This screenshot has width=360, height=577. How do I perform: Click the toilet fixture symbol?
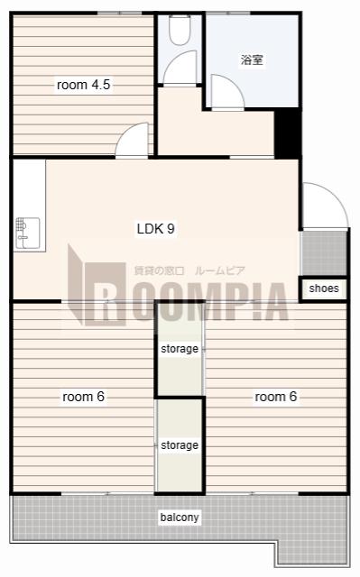click(180, 30)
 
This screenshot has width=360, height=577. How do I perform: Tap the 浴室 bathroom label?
click(252, 60)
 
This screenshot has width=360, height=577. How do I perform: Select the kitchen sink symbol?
click(28, 234)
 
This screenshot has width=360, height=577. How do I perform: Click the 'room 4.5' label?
click(84, 85)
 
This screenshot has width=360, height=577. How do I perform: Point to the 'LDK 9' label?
click(156, 228)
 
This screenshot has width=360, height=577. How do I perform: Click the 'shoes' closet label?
click(324, 288)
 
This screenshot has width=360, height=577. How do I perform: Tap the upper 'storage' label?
click(180, 349)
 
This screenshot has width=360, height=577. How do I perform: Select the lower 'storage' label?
click(180, 445)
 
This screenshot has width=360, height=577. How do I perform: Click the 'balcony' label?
click(180, 517)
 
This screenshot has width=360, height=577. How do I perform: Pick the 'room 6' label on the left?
click(84, 397)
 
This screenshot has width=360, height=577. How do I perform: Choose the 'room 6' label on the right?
click(276, 397)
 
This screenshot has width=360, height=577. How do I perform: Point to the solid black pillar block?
click(288, 133)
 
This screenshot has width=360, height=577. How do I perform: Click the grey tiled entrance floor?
click(324, 252)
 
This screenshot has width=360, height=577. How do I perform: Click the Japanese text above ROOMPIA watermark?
click(189, 271)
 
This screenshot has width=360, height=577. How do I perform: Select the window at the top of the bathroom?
click(228, 14)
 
